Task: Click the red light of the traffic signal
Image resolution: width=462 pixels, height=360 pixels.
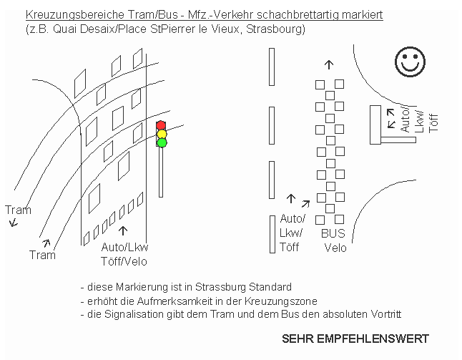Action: (x=161, y=125)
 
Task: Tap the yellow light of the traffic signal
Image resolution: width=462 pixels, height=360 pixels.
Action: (x=162, y=134)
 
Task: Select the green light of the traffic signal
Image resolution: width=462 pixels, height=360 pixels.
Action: (x=162, y=143)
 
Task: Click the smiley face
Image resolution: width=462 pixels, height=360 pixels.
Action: (x=410, y=62)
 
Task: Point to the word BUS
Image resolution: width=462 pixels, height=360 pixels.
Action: (x=333, y=233)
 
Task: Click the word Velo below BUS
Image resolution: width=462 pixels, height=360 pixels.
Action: (x=335, y=248)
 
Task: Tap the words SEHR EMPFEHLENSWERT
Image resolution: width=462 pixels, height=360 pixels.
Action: (x=355, y=339)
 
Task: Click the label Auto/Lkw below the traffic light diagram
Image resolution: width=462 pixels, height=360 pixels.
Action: (x=124, y=248)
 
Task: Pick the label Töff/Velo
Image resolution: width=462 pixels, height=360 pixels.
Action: (x=124, y=261)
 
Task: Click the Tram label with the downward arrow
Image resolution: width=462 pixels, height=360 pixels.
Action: (x=18, y=210)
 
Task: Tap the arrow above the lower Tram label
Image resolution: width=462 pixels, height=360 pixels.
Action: (x=46, y=243)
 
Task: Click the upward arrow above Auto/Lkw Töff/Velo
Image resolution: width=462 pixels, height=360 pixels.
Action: (x=123, y=231)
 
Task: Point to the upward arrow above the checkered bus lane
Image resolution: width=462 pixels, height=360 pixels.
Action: (x=329, y=65)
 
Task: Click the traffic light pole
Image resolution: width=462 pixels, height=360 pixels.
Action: (x=161, y=172)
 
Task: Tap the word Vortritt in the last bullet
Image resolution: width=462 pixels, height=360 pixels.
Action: (x=386, y=314)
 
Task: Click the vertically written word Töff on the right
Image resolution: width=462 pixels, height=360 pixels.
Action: (x=433, y=123)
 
